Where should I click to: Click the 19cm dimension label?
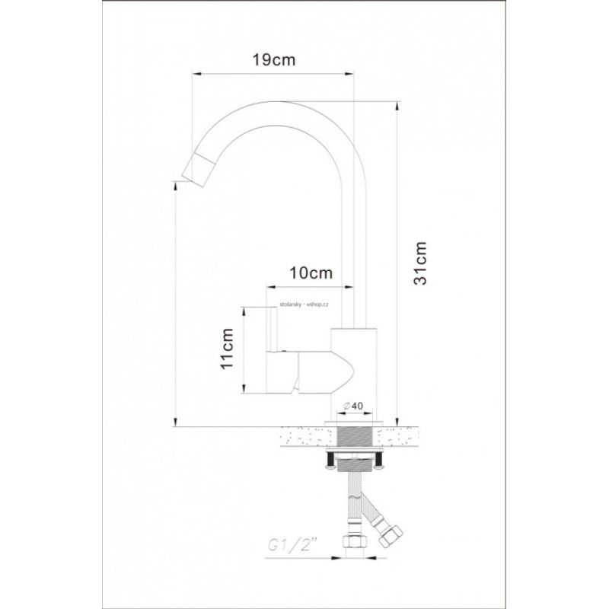coord(274,60)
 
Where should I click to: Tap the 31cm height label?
coord(420,263)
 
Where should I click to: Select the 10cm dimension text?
coord(311,273)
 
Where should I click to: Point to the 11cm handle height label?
coord(227,349)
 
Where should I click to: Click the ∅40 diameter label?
coord(353,406)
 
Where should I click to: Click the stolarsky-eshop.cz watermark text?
coord(304,305)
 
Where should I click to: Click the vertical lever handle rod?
coord(273,328)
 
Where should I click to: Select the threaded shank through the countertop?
coord(356,437)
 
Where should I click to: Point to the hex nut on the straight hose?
coord(353,541)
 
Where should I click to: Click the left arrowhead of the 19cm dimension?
coord(198,73)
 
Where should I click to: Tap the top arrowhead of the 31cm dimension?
coord(397,107)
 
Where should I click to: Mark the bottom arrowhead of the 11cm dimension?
coord(244,388)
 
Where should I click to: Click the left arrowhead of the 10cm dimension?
coord(271,287)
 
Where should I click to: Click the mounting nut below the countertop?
coord(356,464)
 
